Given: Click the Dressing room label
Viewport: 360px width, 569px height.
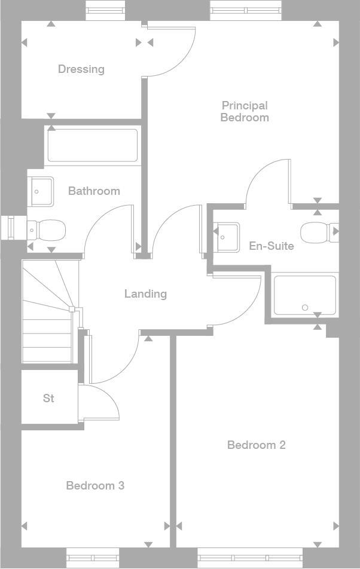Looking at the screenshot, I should point(81,69).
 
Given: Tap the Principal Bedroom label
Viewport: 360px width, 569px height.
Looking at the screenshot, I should point(244,112).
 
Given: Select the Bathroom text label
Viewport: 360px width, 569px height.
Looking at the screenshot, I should point(94,191).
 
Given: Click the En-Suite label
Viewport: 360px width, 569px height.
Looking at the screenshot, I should point(271,246).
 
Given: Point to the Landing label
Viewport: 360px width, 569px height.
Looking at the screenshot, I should point(145,294).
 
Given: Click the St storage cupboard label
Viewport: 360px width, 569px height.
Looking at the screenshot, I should point(48,398).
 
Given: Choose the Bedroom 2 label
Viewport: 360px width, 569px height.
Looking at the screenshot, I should point(256,445).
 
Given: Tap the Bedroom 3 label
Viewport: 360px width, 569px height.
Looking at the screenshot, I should point(95,486).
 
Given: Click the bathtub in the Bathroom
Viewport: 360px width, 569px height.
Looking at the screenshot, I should point(93,145).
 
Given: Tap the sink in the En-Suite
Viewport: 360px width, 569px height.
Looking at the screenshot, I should point(227,235).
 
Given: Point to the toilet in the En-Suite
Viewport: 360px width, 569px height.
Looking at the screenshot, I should point(317,233).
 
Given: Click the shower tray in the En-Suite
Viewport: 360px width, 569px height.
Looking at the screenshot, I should point(304,295).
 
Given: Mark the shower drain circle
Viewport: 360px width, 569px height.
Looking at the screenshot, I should point(305,308).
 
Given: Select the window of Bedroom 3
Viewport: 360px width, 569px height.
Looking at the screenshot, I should point(93,558).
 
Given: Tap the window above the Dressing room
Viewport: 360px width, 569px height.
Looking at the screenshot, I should point(106,10).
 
